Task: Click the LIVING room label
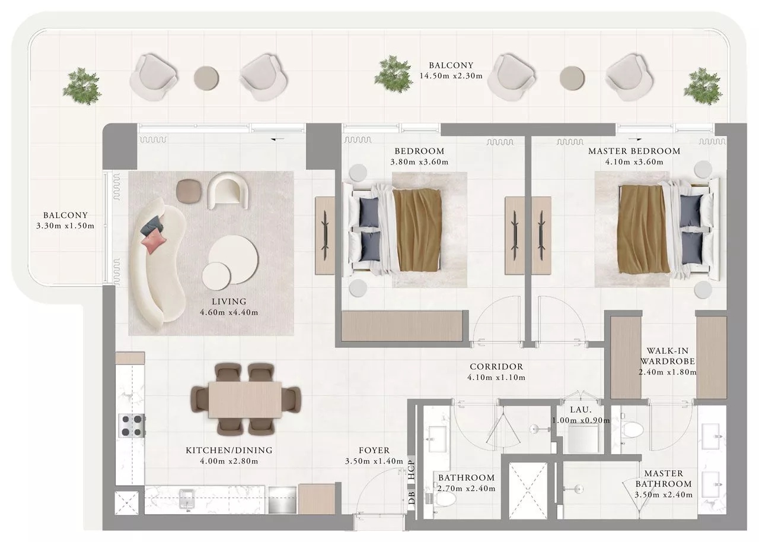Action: [229, 302]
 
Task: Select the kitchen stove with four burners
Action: [132, 426]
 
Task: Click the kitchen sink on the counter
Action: [187, 500]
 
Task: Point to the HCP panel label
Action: [412, 470]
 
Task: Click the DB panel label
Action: [412, 498]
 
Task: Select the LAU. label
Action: [581, 410]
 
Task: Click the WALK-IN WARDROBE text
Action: [668, 356]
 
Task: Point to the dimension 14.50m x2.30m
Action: [451, 76]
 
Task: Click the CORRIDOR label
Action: [496, 367]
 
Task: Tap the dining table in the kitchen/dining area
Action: [245, 400]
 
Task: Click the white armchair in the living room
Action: [227, 191]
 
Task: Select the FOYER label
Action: [374, 451]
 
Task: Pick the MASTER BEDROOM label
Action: [634, 151]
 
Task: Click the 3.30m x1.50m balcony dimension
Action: [65, 226]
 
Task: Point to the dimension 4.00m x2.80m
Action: [229, 461]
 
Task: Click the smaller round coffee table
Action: [216, 277]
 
